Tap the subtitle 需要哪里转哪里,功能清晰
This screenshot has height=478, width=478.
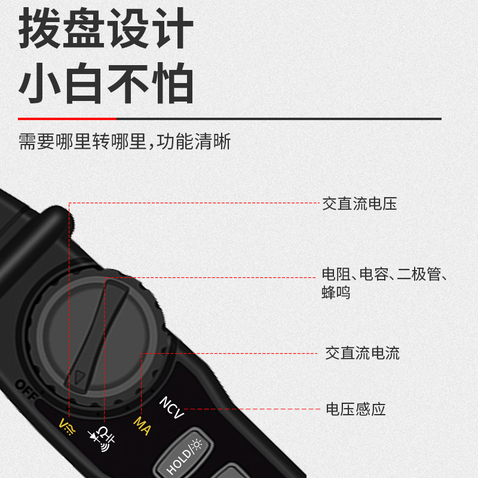pyautogui.click(x=124, y=142)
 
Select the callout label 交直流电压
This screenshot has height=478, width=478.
pyautogui.click(x=359, y=204)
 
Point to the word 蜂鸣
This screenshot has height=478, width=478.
pyautogui.click(x=336, y=293)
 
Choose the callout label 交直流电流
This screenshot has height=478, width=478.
pyautogui.click(x=362, y=353)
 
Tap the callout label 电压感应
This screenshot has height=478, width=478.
pyautogui.click(x=356, y=409)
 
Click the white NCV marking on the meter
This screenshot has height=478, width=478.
pyautogui.click(x=171, y=407)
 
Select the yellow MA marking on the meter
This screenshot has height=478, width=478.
pyautogui.click(x=142, y=425)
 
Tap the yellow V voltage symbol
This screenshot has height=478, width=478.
pyautogui.click(x=67, y=426)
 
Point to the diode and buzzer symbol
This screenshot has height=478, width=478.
pyautogui.click(x=102, y=439)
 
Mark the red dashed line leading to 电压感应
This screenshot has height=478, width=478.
pyautogui.click(x=251, y=409)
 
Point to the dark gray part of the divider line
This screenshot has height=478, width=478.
pyautogui.click(x=269, y=119)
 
